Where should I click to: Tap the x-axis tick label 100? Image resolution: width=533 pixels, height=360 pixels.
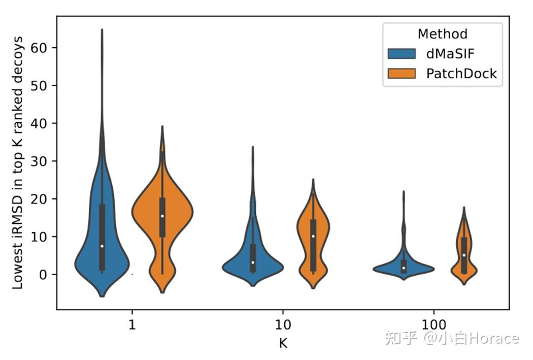[434, 325]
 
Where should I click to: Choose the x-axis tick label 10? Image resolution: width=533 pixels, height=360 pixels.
[283, 325]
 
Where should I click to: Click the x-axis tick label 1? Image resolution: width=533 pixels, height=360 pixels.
[132, 325]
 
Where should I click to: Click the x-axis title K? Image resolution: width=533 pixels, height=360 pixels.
[283, 343]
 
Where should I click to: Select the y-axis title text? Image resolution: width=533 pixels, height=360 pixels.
[18, 162]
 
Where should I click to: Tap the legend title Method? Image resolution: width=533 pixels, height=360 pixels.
[442, 34]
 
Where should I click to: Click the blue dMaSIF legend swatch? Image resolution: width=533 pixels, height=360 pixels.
[401, 54]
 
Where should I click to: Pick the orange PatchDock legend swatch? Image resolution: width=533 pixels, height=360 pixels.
[401, 74]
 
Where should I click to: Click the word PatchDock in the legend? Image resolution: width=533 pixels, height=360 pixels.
[461, 74]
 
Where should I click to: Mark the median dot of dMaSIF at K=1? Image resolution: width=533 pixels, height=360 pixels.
[102, 246]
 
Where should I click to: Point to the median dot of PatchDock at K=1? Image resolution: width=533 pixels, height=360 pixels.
[162, 216]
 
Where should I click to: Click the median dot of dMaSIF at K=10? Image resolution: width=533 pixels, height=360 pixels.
[253, 263]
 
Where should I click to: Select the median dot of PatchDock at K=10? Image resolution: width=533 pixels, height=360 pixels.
[313, 236]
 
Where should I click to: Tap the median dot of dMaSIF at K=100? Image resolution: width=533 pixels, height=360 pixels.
[404, 268]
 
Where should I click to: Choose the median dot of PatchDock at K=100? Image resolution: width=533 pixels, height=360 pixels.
[464, 255]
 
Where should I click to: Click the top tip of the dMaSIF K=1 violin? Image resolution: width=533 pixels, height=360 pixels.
[102, 29]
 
